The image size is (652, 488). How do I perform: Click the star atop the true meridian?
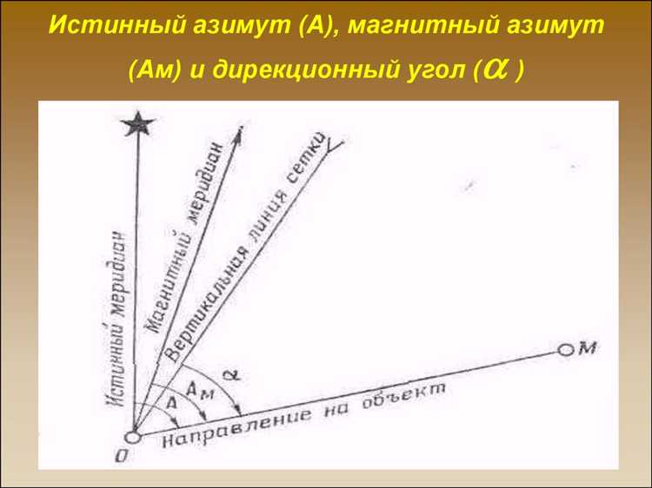[136, 125]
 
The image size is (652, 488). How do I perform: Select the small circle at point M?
[565, 350]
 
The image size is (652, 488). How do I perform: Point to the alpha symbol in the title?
[496, 69]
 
